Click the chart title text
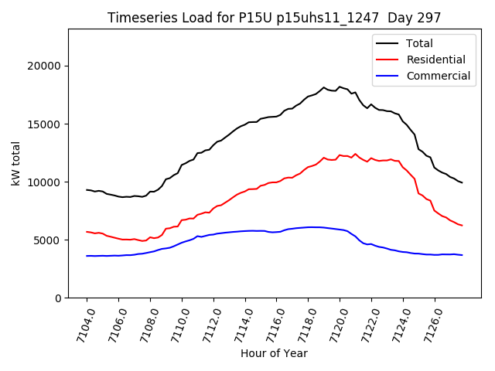coord(273,18)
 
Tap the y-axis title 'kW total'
coord(16,163)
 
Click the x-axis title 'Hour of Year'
coord(274,353)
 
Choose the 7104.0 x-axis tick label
coord(80,323)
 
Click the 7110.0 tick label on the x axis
coord(175,323)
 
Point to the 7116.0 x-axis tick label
coord(270,323)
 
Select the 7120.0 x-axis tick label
coord(333,323)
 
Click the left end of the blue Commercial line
coord(87,256)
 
